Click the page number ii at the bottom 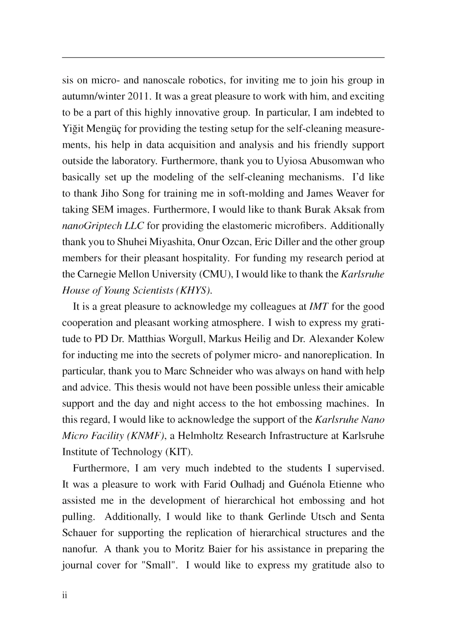click(65, 595)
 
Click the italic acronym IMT click(319, 307)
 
